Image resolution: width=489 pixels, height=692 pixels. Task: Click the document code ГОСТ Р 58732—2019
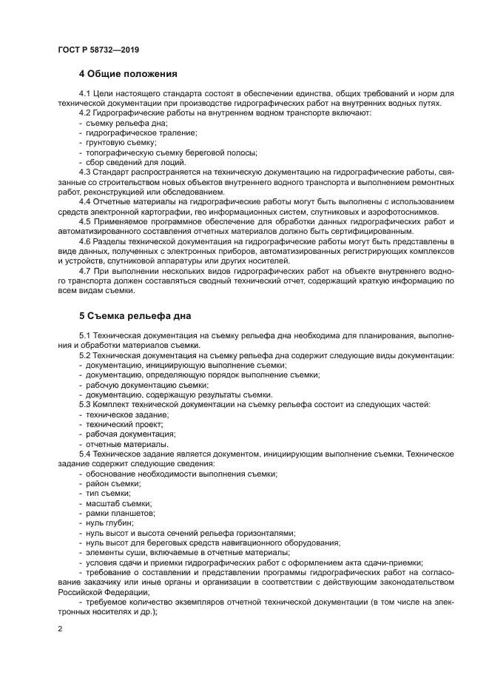[98, 49]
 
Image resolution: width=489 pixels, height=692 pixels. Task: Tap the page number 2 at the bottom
[59, 628]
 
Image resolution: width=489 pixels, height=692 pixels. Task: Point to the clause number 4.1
[84, 93]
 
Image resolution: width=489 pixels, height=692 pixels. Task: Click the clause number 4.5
[84, 221]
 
